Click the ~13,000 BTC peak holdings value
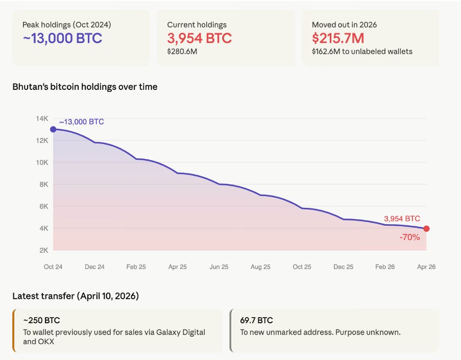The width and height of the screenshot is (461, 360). click(x=62, y=38)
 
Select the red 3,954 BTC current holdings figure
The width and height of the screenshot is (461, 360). click(x=199, y=38)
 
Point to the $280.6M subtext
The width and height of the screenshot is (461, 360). click(x=182, y=51)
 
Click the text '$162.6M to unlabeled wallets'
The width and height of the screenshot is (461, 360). click(x=362, y=51)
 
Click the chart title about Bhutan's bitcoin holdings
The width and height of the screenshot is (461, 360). click(x=85, y=87)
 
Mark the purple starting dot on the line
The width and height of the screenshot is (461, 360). click(x=53, y=129)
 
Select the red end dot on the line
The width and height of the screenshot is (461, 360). click(x=426, y=229)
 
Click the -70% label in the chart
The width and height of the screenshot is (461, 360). click(x=410, y=237)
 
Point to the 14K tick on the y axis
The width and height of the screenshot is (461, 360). click(x=42, y=118)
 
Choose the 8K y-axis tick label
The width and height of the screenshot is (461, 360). click(x=43, y=184)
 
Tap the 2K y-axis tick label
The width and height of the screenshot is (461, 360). click(x=43, y=250)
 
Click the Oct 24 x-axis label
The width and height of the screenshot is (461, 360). click(x=53, y=267)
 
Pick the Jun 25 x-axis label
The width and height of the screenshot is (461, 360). click(x=219, y=267)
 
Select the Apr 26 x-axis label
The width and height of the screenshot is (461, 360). click(x=426, y=267)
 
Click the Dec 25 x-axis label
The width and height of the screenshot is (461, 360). click(x=343, y=267)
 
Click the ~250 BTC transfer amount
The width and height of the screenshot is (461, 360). click(x=41, y=321)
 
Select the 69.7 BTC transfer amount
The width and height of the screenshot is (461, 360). click(x=256, y=321)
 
